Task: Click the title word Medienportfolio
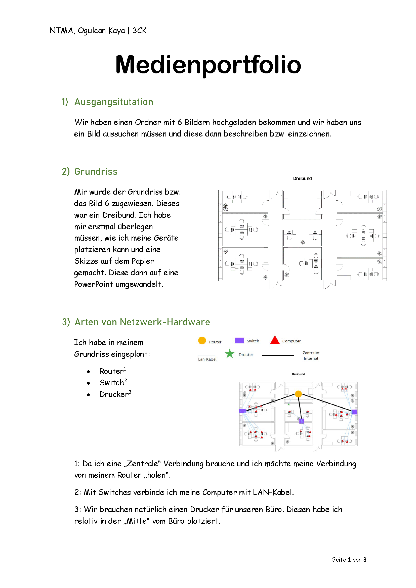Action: click(208, 65)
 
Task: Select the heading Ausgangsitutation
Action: click(114, 102)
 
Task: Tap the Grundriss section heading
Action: click(96, 172)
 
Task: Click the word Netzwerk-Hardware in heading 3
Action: click(165, 322)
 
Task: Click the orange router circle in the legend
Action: click(202, 340)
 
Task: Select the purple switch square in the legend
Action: click(239, 340)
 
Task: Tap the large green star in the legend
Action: click(230, 354)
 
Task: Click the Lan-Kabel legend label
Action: click(207, 359)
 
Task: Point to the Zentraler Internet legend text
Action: click(311, 356)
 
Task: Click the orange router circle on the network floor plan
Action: click(299, 394)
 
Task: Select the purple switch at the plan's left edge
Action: click(242, 411)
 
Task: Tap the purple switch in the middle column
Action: click(302, 421)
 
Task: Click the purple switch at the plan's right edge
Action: click(355, 412)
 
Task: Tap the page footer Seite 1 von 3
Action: click(349, 560)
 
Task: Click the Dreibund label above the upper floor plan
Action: click(302, 178)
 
